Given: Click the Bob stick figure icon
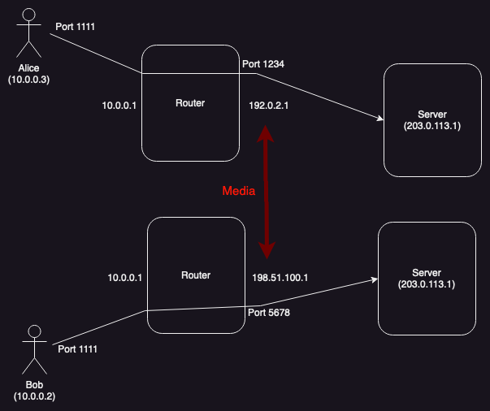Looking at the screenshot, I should [x=34, y=349].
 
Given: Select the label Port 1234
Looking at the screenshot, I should [x=262, y=63].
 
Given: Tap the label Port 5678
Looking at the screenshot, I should [x=269, y=313].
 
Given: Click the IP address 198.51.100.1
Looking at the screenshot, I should [x=281, y=278].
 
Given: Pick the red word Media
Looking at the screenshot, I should [x=239, y=192].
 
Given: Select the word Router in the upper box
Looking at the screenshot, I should [x=190, y=103].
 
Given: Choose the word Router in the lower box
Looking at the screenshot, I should [x=195, y=275].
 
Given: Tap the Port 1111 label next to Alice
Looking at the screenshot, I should [x=76, y=27].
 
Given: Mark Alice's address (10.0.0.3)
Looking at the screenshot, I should [x=29, y=80].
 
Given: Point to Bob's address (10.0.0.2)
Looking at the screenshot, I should [x=34, y=396].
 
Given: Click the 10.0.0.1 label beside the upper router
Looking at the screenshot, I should [x=119, y=105].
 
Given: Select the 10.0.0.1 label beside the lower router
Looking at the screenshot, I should [x=125, y=278].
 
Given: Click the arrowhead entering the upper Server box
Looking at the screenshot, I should [x=379, y=119].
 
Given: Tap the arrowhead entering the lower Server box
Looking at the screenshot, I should [x=375, y=279].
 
